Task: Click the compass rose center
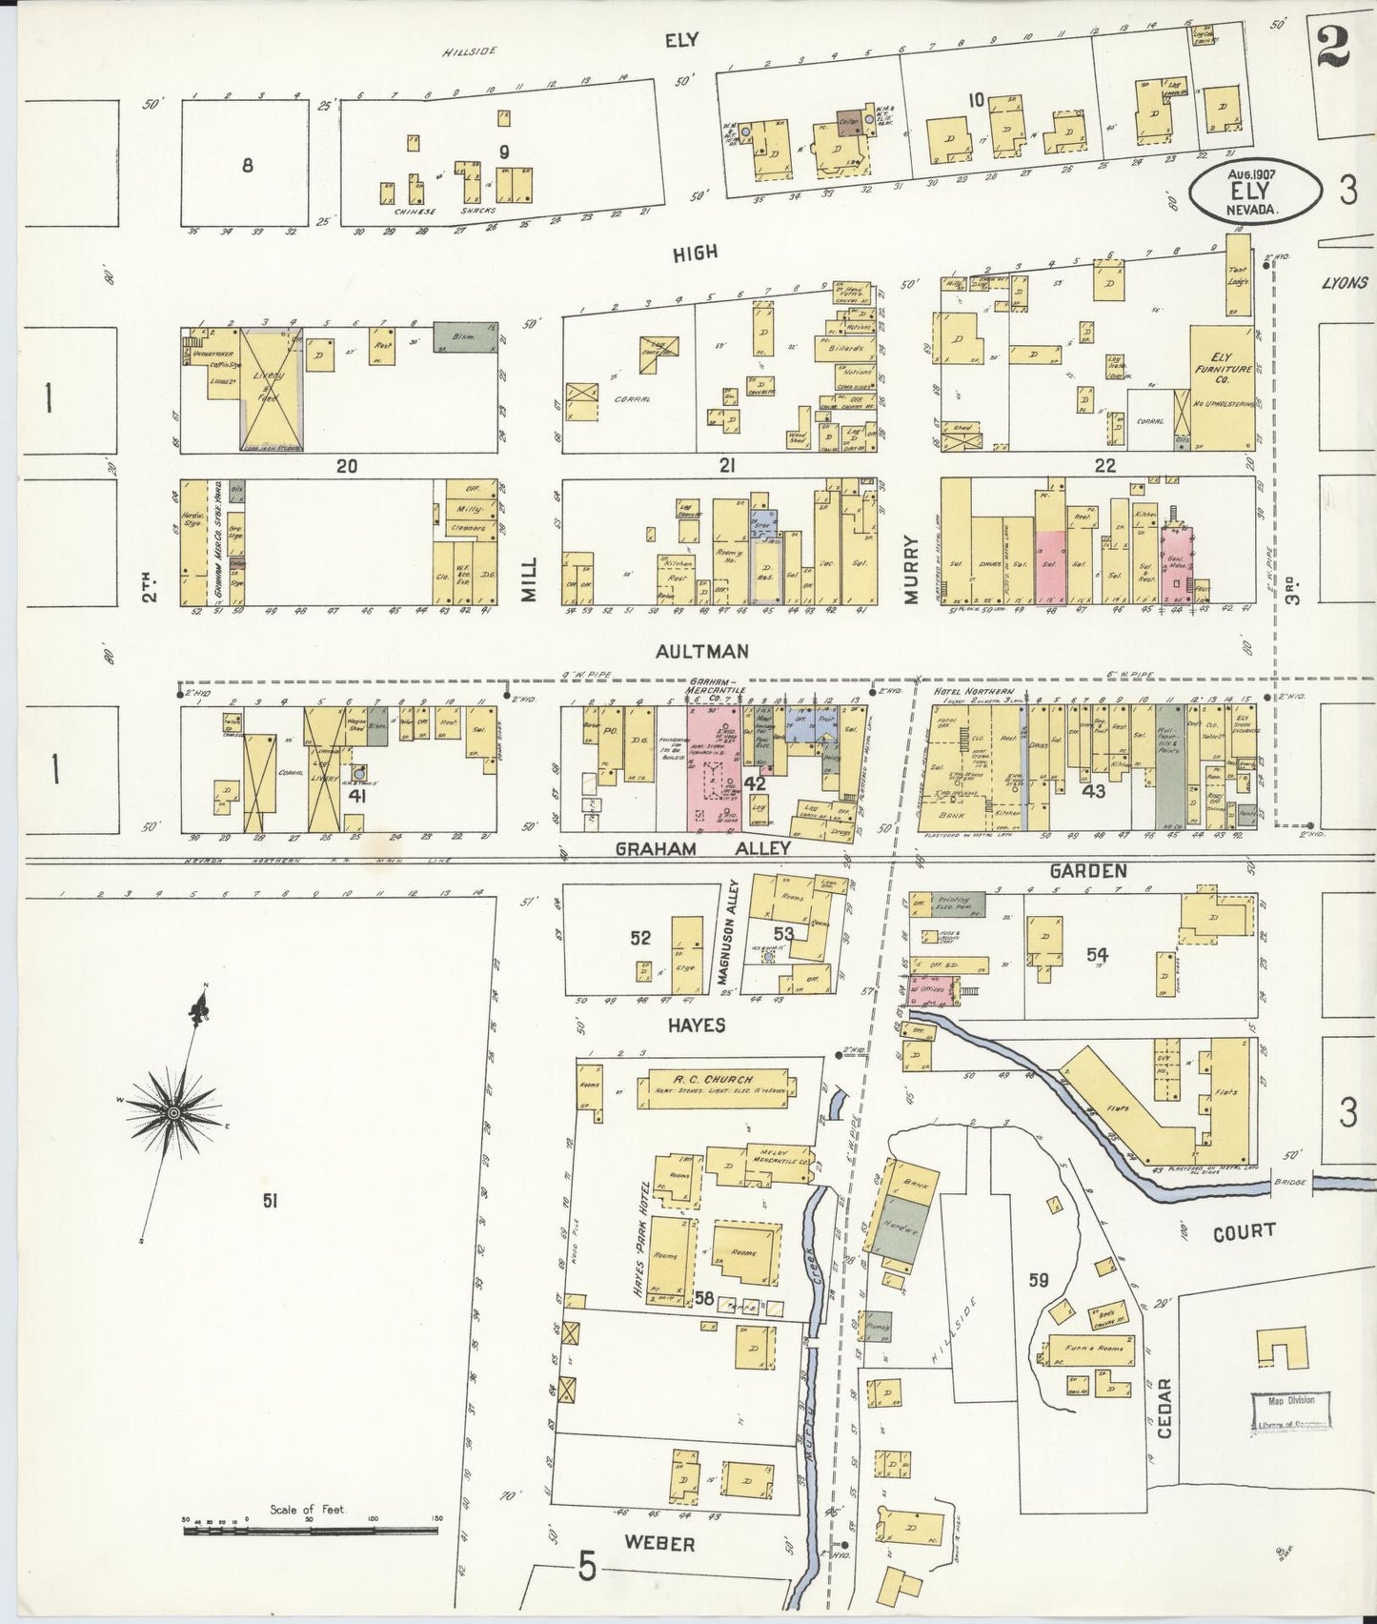click(174, 1112)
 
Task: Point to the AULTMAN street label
click(701, 651)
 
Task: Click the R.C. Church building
click(715, 1086)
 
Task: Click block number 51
click(271, 1203)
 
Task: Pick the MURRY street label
click(911, 570)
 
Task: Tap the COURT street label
click(1245, 1231)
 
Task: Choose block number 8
click(247, 165)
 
